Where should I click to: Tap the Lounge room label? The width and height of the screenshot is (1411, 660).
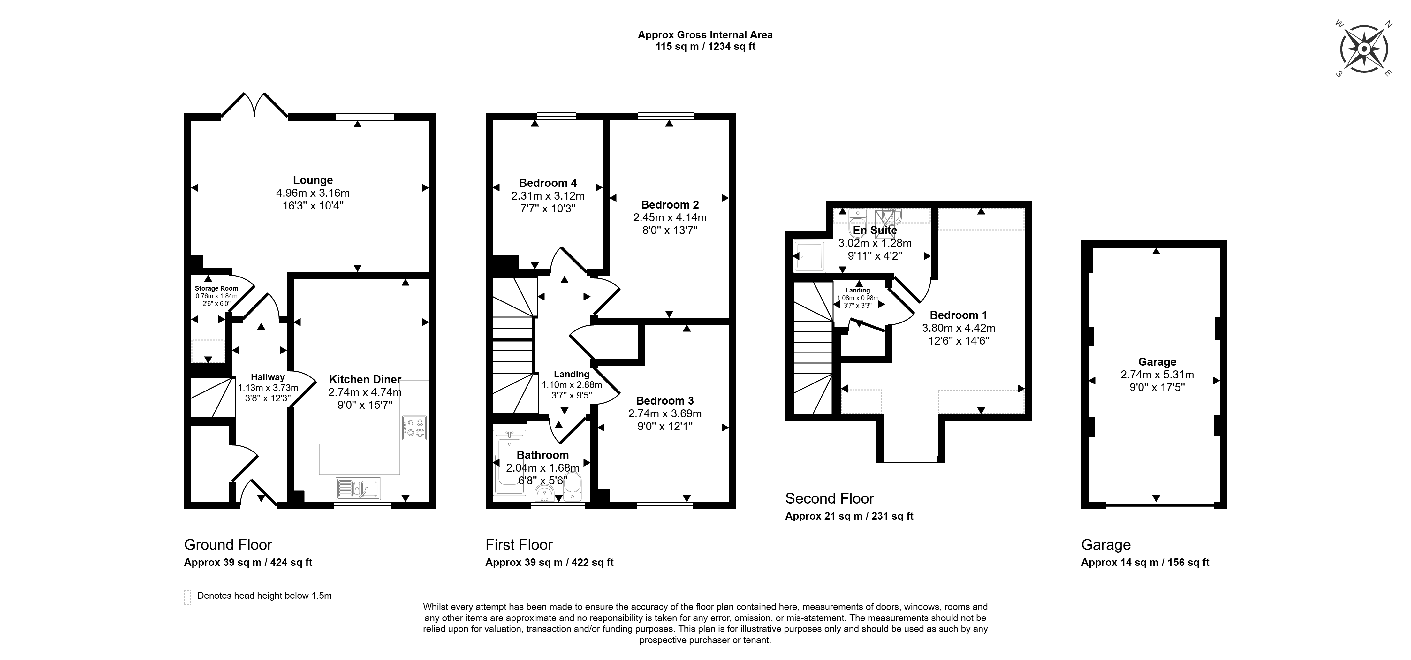[x=313, y=180]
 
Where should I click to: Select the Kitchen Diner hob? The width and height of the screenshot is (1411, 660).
[x=414, y=428]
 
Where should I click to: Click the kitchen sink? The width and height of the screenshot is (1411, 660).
[x=358, y=488]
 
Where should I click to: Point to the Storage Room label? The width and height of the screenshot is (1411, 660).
[x=216, y=288]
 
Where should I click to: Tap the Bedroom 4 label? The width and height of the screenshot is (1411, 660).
[x=548, y=183]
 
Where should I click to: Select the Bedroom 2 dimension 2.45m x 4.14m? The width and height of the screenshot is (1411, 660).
[x=670, y=217]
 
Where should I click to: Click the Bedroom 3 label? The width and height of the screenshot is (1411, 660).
[x=665, y=400]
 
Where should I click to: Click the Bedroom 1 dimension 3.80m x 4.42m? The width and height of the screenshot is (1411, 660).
[x=959, y=328]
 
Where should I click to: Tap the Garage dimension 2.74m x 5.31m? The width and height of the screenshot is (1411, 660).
[x=1157, y=375]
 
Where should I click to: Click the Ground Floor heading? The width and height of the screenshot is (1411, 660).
[x=228, y=544]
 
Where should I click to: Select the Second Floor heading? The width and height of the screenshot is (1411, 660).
[x=829, y=498]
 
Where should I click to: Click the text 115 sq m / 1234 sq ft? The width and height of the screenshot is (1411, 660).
[x=706, y=47]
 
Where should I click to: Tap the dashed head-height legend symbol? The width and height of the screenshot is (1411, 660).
[x=187, y=597]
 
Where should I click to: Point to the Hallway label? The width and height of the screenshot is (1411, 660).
[x=268, y=377]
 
